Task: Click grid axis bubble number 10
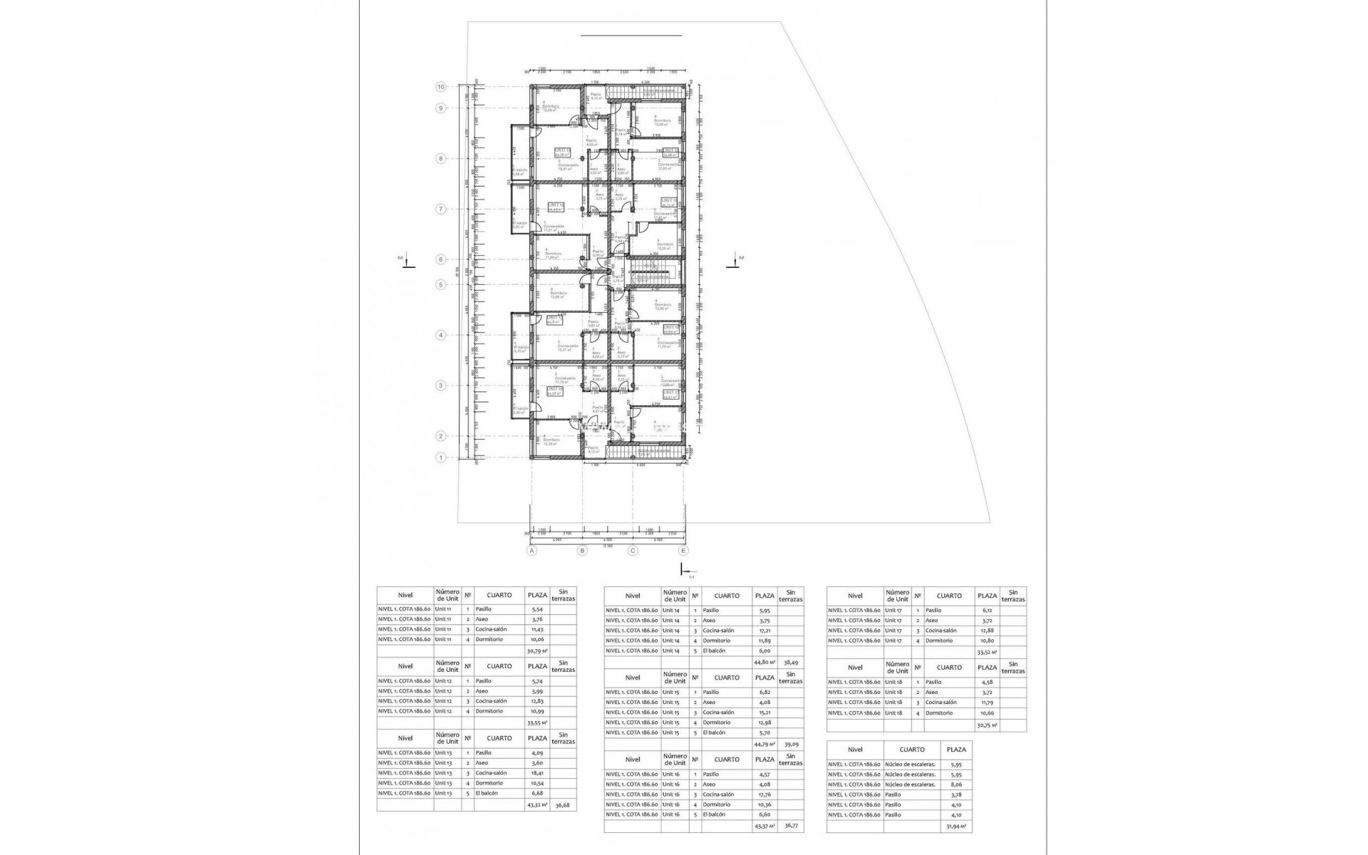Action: tap(441, 87)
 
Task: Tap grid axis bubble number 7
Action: tap(441, 209)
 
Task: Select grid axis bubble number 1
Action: tap(441, 457)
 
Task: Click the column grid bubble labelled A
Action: tap(531, 551)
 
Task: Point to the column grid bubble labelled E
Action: tap(684, 551)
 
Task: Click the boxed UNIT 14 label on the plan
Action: tap(556, 206)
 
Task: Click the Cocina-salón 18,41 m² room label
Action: tap(567, 167)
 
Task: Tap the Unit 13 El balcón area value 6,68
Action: tap(537, 793)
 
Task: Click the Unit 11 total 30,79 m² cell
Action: tap(537, 651)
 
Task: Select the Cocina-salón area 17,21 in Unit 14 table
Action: tap(764, 631)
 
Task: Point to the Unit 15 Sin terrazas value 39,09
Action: tap(790, 744)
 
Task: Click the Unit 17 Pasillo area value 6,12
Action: tap(986, 610)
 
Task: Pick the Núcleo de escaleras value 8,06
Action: tap(956, 784)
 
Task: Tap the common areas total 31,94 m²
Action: tap(956, 826)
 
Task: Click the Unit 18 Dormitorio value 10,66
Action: tap(986, 712)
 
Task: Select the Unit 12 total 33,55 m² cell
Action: tap(537, 722)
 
